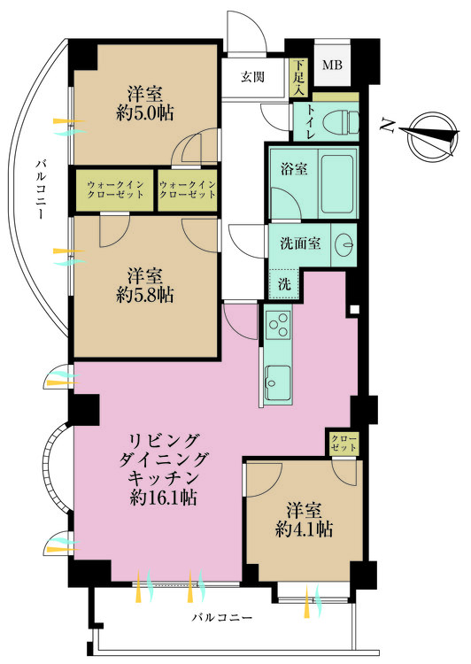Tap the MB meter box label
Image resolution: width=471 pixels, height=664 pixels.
point(331,65)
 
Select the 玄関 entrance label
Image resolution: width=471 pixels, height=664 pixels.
point(251,76)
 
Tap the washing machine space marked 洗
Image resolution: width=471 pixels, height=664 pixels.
point(283,285)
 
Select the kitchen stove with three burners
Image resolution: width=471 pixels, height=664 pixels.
point(277,324)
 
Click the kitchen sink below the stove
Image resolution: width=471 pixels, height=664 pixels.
point(277,382)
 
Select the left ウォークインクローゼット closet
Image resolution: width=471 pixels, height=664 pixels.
point(115,189)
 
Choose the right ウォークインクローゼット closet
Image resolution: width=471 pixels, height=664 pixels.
point(187,189)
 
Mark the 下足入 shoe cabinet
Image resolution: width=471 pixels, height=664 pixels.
point(299,78)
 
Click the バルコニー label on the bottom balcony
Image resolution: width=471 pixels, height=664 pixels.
point(222,616)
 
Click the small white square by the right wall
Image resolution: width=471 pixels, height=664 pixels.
point(354,310)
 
